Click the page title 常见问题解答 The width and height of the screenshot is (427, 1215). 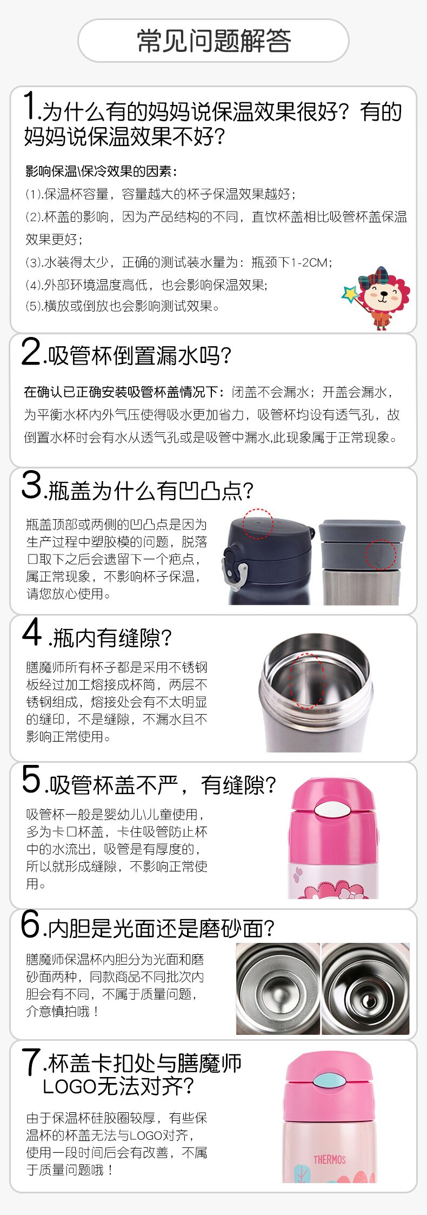click(x=213, y=41)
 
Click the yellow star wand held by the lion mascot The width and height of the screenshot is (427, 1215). click(x=351, y=293)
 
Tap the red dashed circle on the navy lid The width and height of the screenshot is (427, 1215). click(x=258, y=524)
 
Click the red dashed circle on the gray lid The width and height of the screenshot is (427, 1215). click(x=381, y=554)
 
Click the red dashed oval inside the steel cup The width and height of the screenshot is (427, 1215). click(x=307, y=681)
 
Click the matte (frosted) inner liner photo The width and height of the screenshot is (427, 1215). click(x=278, y=988)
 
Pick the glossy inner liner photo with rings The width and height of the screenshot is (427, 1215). click(x=365, y=988)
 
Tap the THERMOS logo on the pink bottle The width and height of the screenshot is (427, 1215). click(x=329, y=1159)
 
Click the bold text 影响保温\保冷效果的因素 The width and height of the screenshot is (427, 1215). click(x=101, y=171)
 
